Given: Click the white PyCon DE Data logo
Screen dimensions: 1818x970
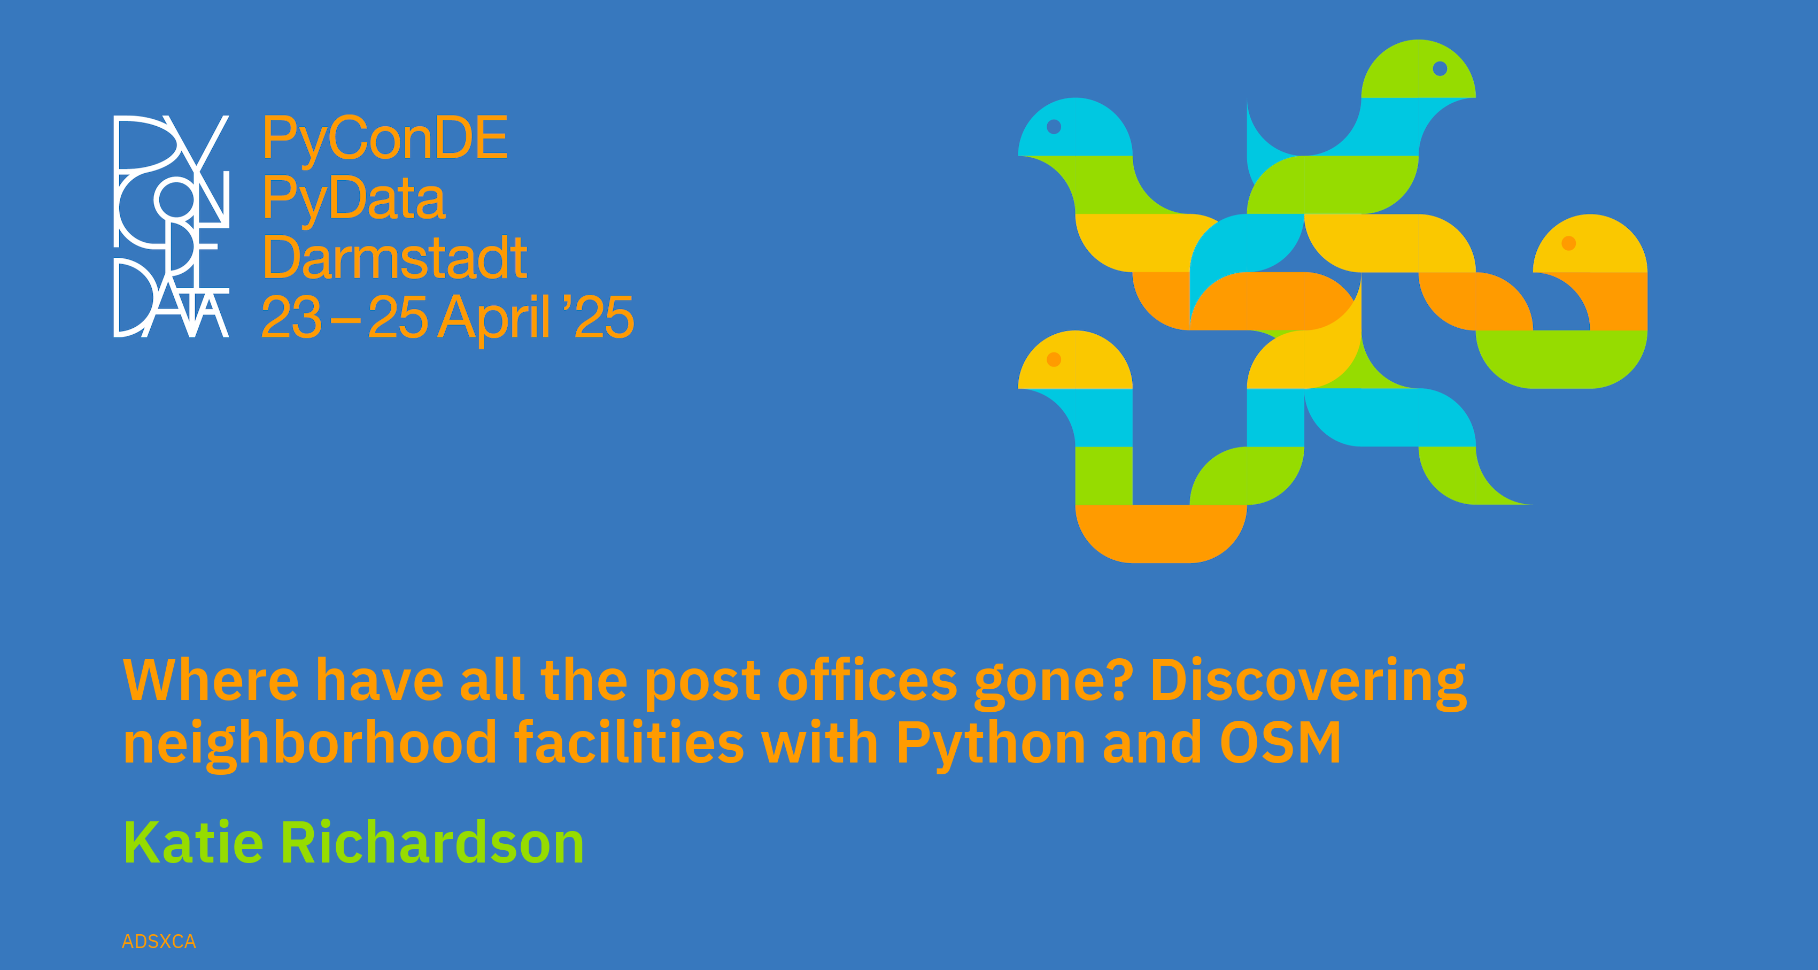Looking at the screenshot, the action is click(172, 226).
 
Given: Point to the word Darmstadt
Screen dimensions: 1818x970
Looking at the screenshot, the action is click(394, 258).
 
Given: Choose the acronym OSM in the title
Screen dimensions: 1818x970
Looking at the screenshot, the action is click(1280, 743).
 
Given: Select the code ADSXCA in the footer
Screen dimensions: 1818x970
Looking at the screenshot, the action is click(159, 942).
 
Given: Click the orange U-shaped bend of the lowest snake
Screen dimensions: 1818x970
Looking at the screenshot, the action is click(1161, 534).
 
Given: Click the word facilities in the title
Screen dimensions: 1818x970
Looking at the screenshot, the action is click(630, 743).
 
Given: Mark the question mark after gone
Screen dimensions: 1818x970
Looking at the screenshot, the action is click(1119, 681).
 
